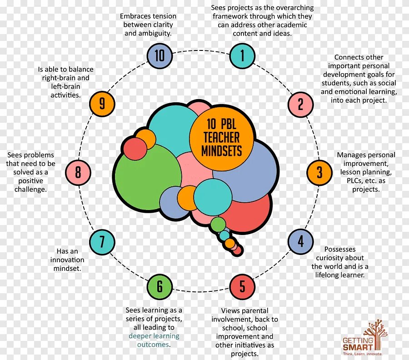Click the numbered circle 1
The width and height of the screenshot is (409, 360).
[x=242, y=55]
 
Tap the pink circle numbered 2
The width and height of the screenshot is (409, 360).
[x=300, y=104]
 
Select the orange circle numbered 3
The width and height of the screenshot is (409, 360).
[x=319, y=172]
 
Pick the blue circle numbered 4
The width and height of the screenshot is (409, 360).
[x=300, y=241]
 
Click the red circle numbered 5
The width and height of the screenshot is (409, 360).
[x=242, y=286]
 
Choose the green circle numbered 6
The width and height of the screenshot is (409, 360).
[x=160, y=286]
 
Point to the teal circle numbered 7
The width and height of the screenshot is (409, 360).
[x=102, y=241]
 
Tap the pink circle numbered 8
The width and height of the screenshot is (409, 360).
[x=78, y=172]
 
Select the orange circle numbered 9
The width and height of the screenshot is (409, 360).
[x=102, y=104]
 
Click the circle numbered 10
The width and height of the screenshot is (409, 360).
[x=160, y=55]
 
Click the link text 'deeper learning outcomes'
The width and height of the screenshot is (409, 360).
[x=154, y=340]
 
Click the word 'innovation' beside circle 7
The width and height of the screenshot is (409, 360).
[x=67, y=260]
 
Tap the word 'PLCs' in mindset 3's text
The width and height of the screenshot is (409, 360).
[x=348, y=180]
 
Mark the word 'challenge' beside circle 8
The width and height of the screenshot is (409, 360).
[x=30, y=189]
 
